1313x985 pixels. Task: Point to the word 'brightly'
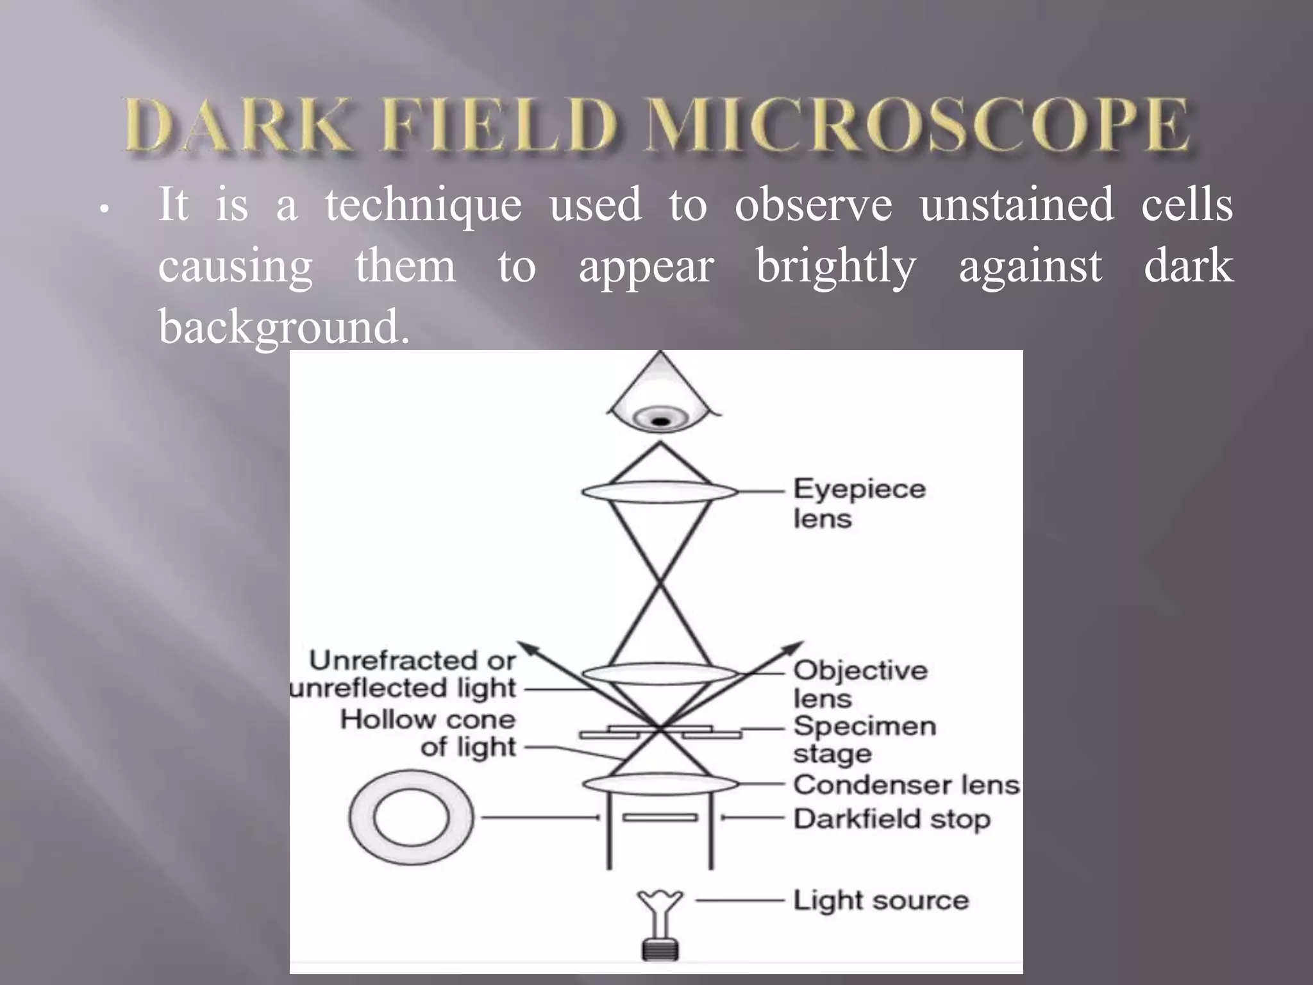click(836, 267)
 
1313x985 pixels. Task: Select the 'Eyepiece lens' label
click(859, 503)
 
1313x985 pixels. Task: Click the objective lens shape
click(660, 674)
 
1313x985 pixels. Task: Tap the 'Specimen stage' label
click(864, 739)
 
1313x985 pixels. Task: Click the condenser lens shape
click(660, 784)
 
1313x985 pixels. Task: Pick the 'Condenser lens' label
click(905, 784)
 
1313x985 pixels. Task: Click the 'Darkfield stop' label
click(891, 819)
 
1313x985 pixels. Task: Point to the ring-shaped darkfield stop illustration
click(411, 818)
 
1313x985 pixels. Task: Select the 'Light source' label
click(880, 900)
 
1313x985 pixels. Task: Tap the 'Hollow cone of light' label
click(428, 733)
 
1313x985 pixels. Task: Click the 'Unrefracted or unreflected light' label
click(404, 674)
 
